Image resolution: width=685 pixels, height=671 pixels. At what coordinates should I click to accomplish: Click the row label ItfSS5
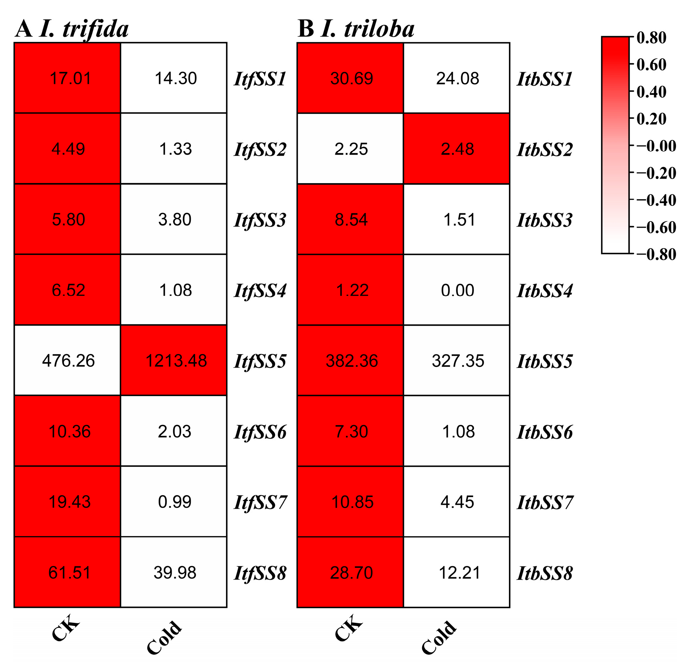(260, 361)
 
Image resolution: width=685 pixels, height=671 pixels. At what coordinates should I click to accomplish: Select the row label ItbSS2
(545, 150)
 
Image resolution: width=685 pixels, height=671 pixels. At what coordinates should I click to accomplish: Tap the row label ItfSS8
(260, 573)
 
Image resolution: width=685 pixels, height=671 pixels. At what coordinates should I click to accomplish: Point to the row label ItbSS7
(545, 502)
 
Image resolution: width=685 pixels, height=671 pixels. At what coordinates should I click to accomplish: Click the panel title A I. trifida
(72, 28)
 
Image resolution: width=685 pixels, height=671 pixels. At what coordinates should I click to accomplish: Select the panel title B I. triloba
(356, 28)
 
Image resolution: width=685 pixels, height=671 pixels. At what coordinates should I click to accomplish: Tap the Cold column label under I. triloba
(439, 637)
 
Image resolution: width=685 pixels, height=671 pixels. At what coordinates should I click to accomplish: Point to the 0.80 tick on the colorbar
(651, 38)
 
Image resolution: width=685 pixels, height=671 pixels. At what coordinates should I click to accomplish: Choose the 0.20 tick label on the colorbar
(651, 119)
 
